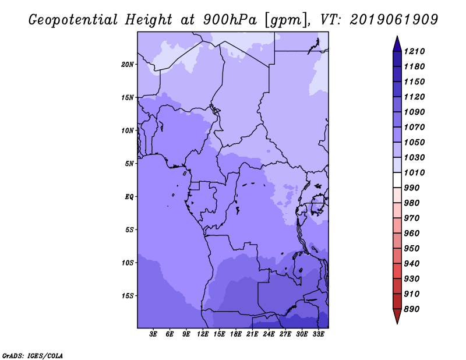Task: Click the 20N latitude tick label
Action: click(x=128, y=64)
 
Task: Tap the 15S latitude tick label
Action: click(x=128, y=296)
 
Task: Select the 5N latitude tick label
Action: click(x=129, y=164)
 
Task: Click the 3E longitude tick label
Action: click(x=154, y=334)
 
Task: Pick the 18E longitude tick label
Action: click(x=236, y=334)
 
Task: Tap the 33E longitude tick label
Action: click(x=319, y=334)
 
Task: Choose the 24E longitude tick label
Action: click(x=269, y=334)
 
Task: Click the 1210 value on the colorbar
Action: click(x=416, y=52)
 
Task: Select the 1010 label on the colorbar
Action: click(x=416, y=173)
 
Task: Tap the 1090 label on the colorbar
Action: click(x=416, y=112)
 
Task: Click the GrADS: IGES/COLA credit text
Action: click(x=32, y=355)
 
